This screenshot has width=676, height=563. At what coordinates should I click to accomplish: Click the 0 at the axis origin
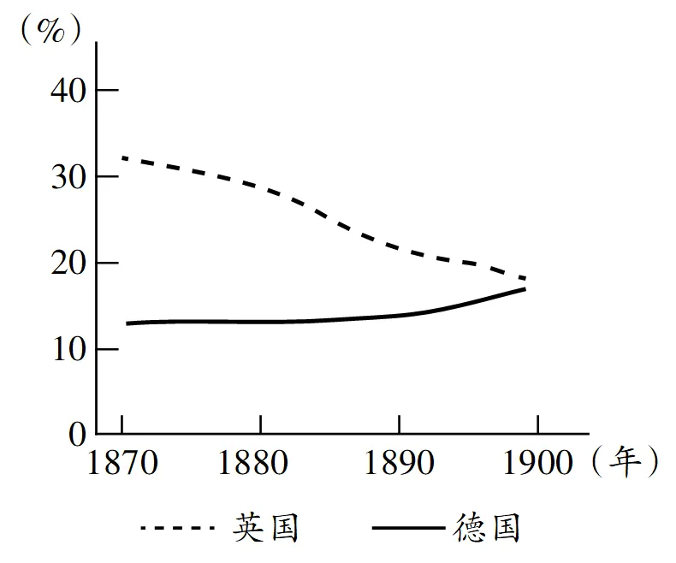[x=75, y=434]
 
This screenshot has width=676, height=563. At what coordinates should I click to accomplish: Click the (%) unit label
[x=52, y=31]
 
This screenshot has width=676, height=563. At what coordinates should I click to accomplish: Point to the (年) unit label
[x=624, y=462]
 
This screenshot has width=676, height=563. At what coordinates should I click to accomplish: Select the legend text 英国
[x=266, y=528]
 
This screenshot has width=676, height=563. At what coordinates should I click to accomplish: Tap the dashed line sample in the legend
[x=178, y=529]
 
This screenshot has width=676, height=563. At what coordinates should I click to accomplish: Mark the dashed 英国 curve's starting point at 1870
[x=124, y=157]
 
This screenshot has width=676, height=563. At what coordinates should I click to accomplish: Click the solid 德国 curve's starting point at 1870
[x=127, y=323]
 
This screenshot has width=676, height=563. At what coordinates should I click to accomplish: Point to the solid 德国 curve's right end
[x=525, y=289]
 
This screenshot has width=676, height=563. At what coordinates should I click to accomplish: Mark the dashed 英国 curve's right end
[x=525, y=278]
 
